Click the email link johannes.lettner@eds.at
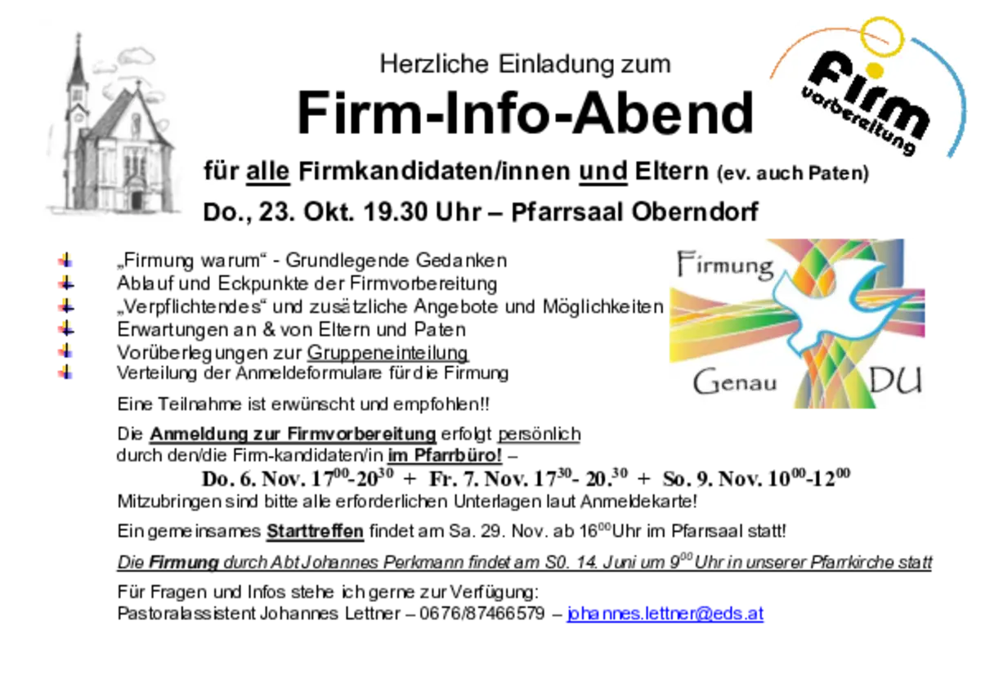point(665,614)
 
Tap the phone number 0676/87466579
point(482,614)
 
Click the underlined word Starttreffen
point(316,531)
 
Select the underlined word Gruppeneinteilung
point(388,353)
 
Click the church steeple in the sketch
point(78,65)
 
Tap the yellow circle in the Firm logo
point(882,38)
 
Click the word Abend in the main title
point(663,113)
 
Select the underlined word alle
point(267,171)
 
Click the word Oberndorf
point(695,212)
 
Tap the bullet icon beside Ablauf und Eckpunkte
point(65,283)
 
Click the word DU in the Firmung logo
point(895,381)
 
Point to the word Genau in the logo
point(735,382)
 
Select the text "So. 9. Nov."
point(713,480)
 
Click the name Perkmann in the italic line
point(423,562)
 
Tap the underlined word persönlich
point(539,434)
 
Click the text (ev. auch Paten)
point(793,173)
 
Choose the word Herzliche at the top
point(434,64)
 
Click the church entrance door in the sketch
point(137,199)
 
